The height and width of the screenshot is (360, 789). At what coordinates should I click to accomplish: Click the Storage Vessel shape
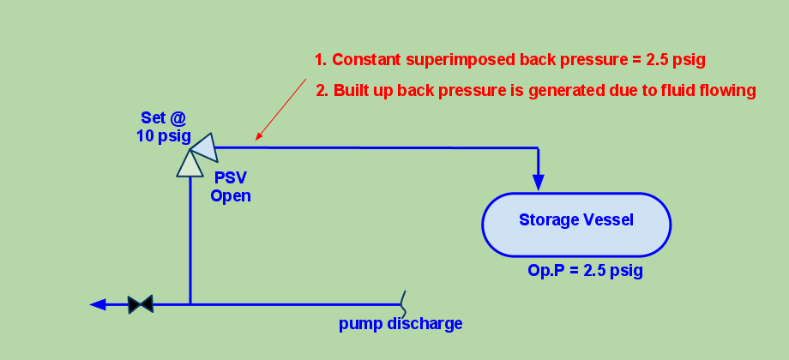[x=576, y=225]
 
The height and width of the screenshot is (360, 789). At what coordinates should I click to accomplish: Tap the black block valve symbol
[x=141, y=304]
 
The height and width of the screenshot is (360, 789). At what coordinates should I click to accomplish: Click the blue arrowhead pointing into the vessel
[x=539, y=182]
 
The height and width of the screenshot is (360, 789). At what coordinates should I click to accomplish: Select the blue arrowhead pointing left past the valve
[x=98, y=304]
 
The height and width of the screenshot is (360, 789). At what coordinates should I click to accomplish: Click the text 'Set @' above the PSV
[x=164, y=118]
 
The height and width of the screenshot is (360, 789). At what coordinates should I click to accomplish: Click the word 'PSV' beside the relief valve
[x=231, y=177]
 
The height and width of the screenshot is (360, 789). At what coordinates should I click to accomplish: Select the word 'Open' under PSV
[x=231, y=195]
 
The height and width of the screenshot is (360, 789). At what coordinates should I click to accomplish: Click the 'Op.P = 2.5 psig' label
[x=585, y=271]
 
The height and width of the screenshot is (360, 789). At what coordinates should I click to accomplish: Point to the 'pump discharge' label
[x=401, y=323]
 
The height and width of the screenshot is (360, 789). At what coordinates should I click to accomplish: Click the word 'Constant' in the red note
[x=366, y=60]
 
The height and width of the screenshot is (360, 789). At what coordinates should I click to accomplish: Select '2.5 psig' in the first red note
[x=669, y=60]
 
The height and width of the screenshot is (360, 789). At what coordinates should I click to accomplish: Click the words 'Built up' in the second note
[x=363, y=91]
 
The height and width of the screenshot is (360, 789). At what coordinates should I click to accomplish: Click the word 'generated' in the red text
[x=540, y=92]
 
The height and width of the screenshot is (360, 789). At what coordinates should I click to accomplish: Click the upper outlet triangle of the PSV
[x=205, y=147]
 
